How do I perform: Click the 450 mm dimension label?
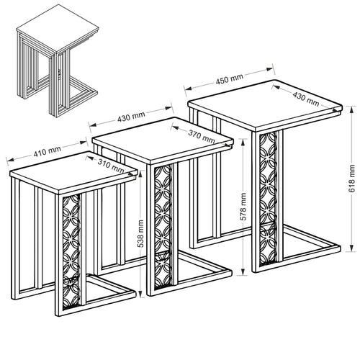pos(229,79)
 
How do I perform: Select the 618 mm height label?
pos(351,179)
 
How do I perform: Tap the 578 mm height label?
pos(243,207)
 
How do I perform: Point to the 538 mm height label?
pos(140,233)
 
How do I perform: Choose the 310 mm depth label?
pos(111,166)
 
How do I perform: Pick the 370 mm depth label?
pos(201,136)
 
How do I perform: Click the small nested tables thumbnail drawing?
pos(57,60)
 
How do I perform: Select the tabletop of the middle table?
pos(163,140)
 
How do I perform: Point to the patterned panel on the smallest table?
pos(71,251)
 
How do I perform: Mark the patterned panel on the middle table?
pos(163,227)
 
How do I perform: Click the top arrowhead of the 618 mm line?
pos(351,109)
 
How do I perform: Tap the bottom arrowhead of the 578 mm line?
pos(243,272)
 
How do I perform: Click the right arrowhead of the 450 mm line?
pos(270,69)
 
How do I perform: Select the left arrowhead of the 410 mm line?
pos(10,159)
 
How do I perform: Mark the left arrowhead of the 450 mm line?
pos(189,88)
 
